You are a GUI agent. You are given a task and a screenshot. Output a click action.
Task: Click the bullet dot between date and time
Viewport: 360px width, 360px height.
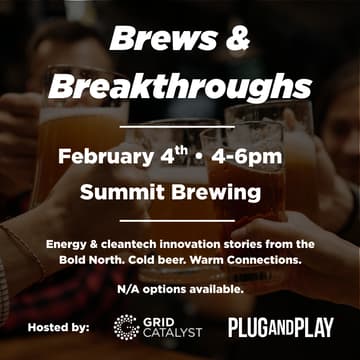(201, 158)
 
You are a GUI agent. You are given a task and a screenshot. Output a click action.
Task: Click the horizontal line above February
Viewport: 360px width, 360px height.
(180, 127)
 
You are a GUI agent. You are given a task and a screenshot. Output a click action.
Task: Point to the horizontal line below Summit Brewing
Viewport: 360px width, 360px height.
(180, 219)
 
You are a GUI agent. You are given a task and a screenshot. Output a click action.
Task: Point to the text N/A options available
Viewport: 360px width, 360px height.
(180, 289)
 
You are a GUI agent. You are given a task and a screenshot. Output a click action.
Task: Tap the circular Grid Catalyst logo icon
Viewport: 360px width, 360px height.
(126, 327)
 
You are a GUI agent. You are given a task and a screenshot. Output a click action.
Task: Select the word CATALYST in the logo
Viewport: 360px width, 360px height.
(173, 334)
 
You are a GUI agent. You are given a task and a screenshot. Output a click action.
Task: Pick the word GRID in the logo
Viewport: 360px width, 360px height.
(160, 320)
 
